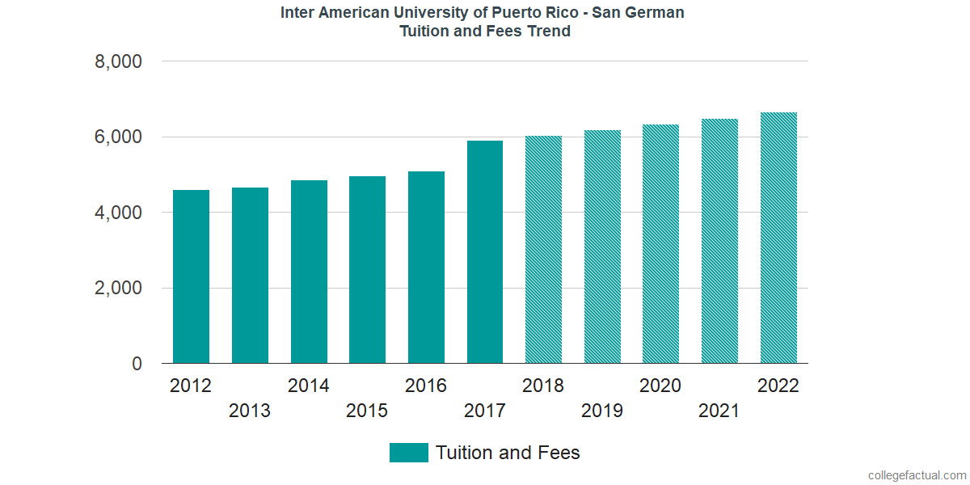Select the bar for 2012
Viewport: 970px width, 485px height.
[x=191, y=276]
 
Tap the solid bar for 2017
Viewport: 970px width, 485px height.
[x=485, y=252]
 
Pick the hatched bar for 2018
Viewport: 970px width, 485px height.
[x=543, y=250]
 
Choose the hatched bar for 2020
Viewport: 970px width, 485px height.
[x=660, y=244]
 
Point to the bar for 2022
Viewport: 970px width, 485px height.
[x=778, y=238]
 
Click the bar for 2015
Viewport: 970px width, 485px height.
[x=368, y=270]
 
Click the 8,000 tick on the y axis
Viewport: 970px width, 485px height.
[x=119, y=62]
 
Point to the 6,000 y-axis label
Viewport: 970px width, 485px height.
[x=119, y=137]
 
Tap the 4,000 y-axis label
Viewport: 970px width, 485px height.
[x=119, y=213]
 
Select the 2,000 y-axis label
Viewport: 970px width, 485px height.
[x=119, y=289]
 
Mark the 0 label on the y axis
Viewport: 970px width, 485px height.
[x=137, y=365]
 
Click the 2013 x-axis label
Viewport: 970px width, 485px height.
[x=250, y=411]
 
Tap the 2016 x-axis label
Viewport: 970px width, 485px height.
[x=426, y=386]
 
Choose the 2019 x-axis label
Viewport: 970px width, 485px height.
[x=602, y=411]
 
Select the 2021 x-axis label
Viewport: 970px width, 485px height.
[x=719, y=411]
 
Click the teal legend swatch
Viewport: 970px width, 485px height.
[x=408, y=453]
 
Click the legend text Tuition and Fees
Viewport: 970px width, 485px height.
[x=508, y=453]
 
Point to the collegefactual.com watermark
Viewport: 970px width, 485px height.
[x=916, y=475]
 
